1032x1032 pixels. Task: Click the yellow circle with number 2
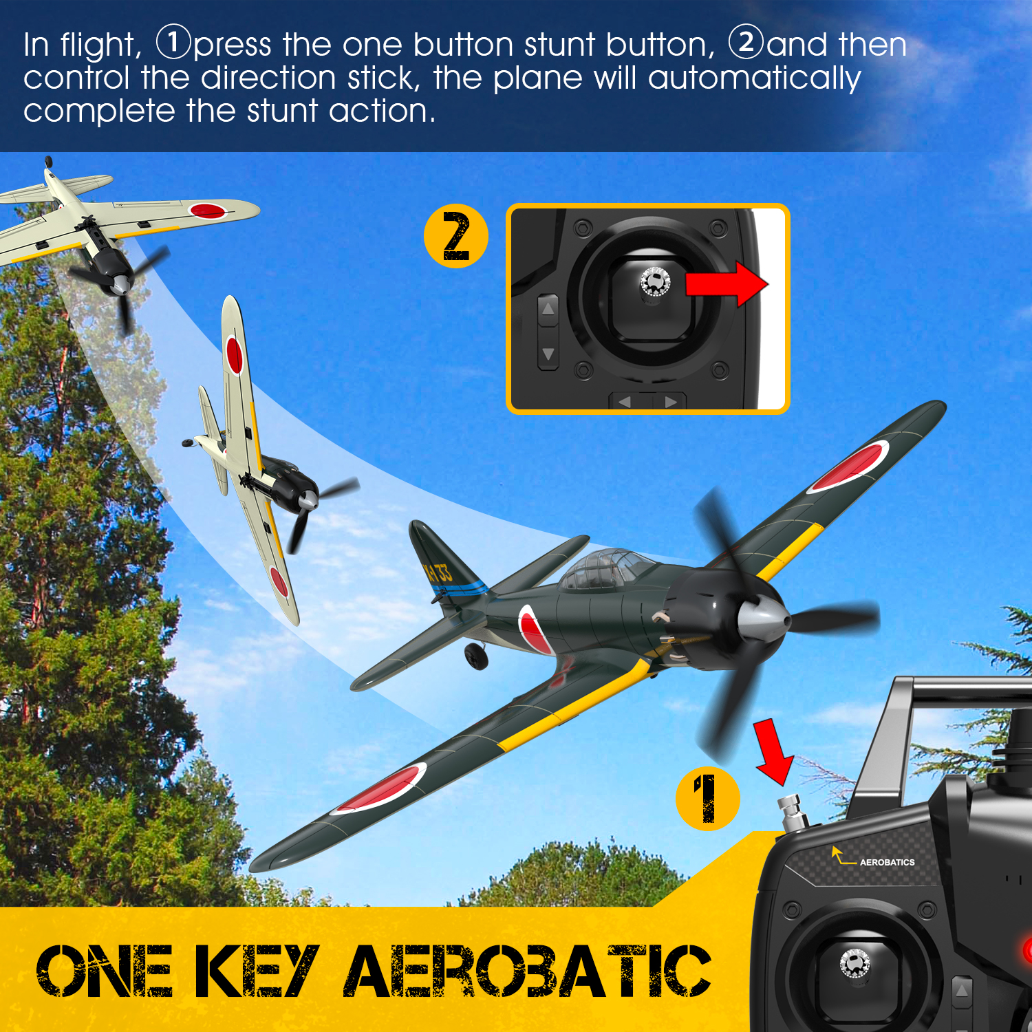coord(455,236)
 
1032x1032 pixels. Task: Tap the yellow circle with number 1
coord(707,799)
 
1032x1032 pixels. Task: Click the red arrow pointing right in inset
coord(727,283)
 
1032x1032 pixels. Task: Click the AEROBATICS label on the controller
coord(887,862)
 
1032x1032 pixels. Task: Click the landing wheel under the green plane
coord(476,656)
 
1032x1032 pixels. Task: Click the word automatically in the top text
coord(755,78)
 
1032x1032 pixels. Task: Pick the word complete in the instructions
coord(100,111)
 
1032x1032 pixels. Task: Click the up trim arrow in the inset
coord(548,308)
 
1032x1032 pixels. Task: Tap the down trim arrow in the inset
coord(548,354)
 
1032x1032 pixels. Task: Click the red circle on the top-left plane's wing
coord(208,211)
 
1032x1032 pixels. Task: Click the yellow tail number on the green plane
coord(438,572)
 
